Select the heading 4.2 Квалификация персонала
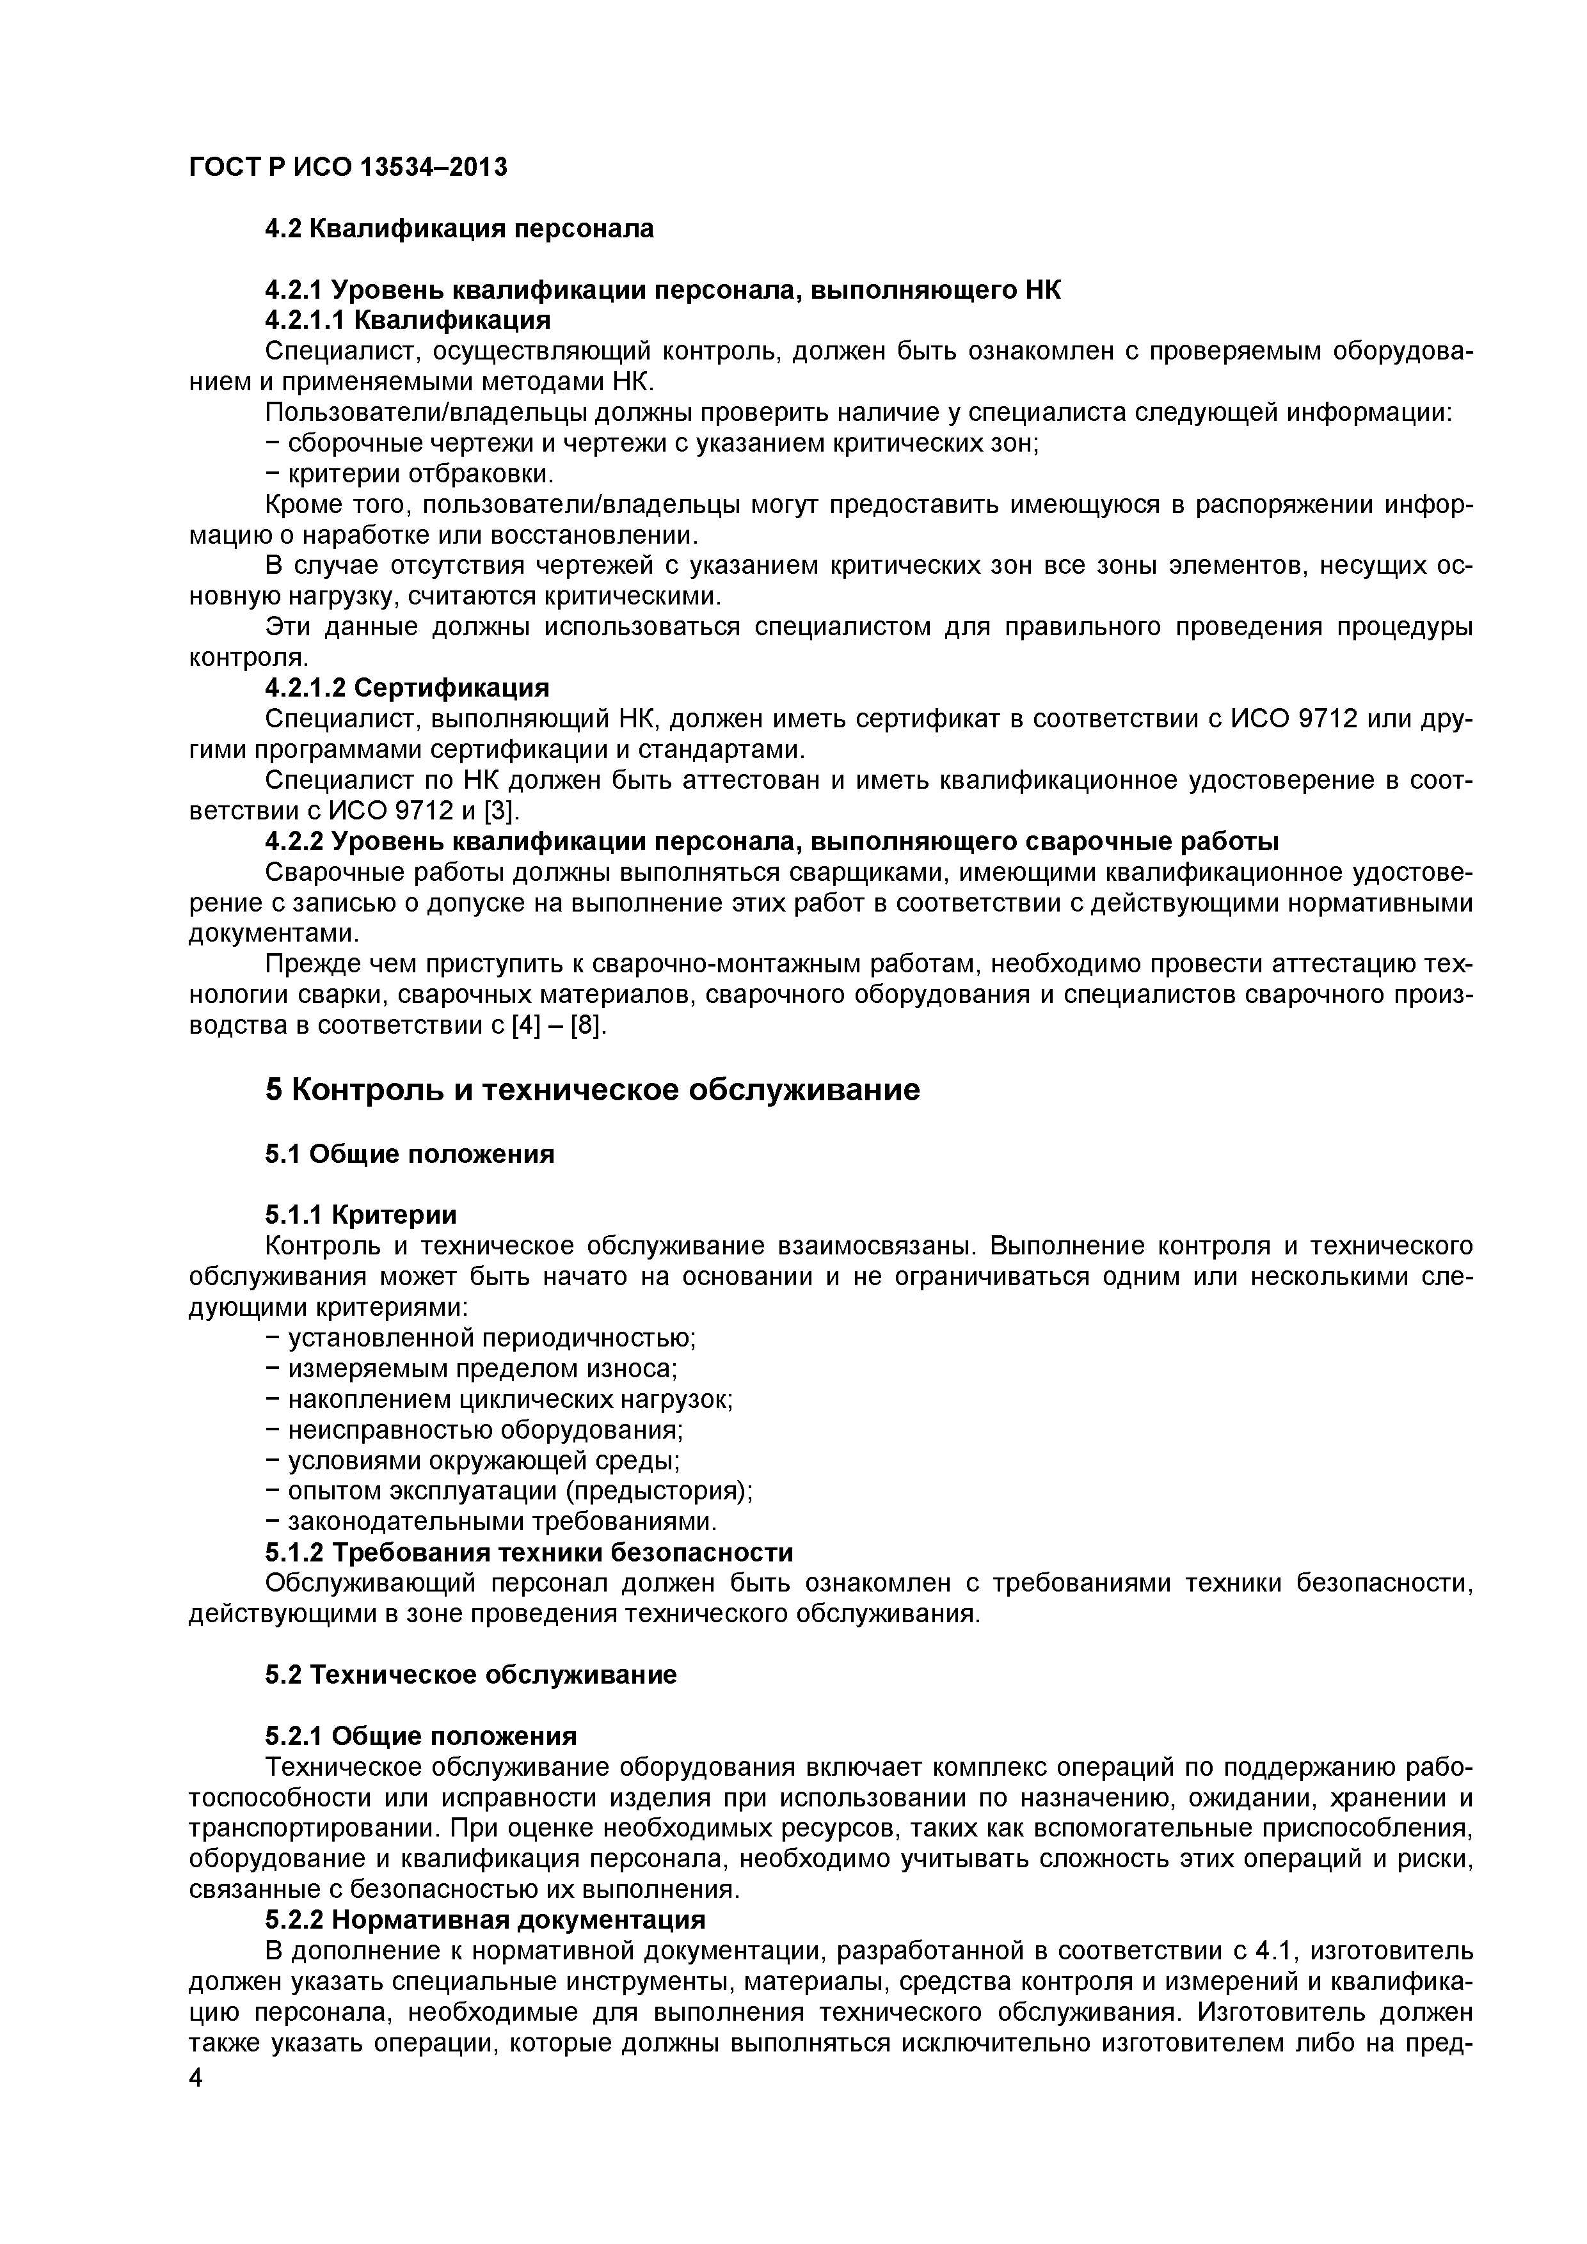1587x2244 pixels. [x=459, y=229]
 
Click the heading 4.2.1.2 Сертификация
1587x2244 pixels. [x=407, y=688]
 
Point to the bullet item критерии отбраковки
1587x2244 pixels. [x=410, y=474]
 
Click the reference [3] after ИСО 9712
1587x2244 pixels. [x=500, y=811]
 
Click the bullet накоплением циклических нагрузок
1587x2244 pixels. [x=498, y=1400]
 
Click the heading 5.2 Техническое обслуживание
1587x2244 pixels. [x=470, y=1675]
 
